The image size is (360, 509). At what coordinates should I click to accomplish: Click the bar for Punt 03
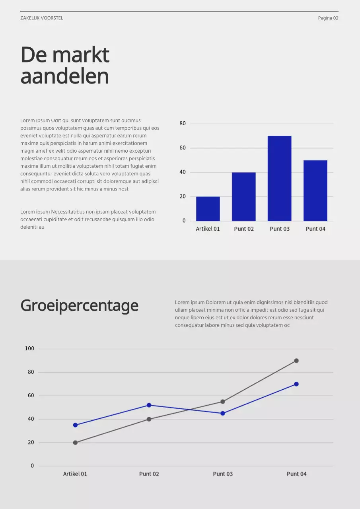[279, 179]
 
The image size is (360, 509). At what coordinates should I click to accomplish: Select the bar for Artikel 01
[208, 209]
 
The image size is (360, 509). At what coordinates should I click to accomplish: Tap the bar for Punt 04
[315, 190]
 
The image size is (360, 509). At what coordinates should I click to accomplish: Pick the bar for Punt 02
[243, 196]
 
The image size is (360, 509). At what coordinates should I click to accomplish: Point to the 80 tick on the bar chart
[183, 124]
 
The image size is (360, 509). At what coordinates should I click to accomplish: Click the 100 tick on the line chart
[29, 349]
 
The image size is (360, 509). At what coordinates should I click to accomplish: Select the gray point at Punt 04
[296, 361]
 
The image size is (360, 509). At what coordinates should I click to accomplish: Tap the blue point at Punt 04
[296, 384]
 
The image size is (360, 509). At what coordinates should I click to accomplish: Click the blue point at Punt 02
[149, 405]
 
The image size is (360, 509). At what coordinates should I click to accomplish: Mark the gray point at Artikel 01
[75, 443]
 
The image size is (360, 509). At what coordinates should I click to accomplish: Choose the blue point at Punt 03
[223, 414]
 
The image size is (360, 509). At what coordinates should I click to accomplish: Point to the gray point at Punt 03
[223, 402]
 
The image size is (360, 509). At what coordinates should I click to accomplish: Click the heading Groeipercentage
[79, 306]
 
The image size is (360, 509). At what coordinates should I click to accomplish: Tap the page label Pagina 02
[328, 18]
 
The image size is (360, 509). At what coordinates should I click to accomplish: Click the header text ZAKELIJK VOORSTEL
[42, 18]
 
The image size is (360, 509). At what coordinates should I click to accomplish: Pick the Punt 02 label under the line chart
[149, 474]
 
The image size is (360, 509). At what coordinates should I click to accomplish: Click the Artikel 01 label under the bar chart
[208, 229]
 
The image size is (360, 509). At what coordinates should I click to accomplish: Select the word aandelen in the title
[64, 76]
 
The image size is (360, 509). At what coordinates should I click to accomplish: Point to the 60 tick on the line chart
[31, 396]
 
